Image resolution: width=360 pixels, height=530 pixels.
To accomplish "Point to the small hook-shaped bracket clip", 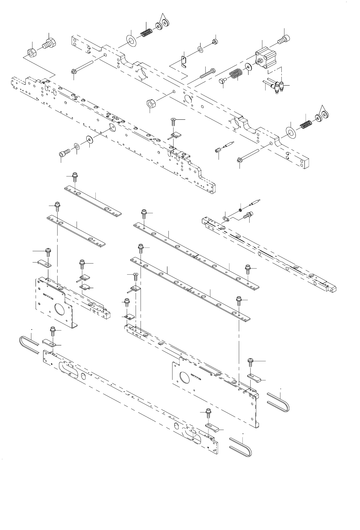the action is click(184, 61).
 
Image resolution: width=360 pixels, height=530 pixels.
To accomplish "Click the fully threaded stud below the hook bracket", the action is click(207, 73).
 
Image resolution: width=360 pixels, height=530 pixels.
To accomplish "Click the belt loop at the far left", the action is click(29, 344).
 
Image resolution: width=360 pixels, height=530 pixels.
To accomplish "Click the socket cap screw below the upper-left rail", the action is click(64, 151).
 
